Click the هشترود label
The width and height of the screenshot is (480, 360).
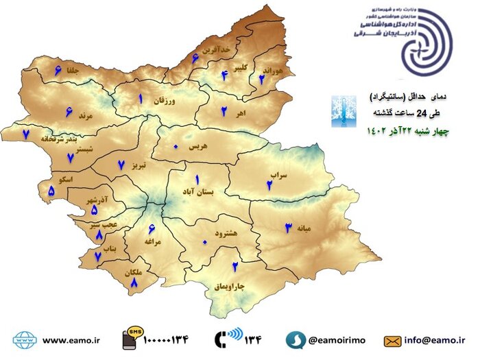pyautogui.click(x=226, y=233)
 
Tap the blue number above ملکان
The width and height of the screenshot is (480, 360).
pyautogui.click(x=134, y=281)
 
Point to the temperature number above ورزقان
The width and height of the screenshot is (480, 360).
pyautogui.click(x=140, y=99)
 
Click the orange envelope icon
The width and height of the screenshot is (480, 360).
pyautogui.click(x=392, y=340)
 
